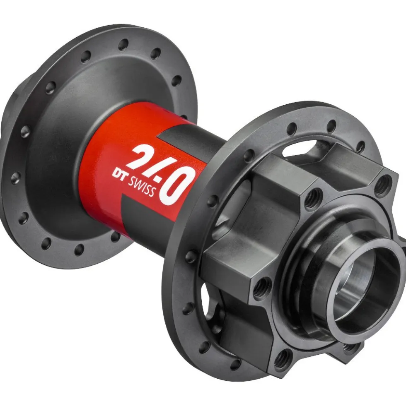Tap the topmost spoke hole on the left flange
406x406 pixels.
pos(123,44)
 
